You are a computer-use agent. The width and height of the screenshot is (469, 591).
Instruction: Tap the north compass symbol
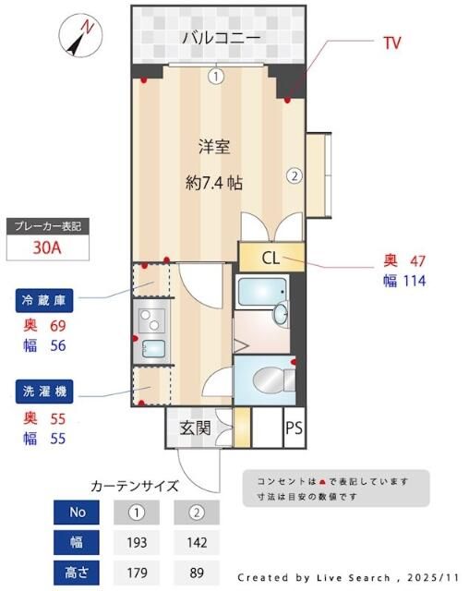point(79,36)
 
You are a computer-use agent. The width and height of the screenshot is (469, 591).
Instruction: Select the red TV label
point(391,42)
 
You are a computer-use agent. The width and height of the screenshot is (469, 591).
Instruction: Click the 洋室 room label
point(214,145)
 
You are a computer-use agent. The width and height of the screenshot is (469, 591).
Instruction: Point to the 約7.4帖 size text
point(214,182)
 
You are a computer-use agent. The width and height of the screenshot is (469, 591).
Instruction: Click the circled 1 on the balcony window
point(215,77)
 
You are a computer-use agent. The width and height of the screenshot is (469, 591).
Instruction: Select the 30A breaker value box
point(48,247)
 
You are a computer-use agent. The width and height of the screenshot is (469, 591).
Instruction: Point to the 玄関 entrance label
point(195,428)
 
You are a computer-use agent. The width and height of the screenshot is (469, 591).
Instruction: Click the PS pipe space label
point(294,428)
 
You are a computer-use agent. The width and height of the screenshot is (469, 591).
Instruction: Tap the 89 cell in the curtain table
point(196,572)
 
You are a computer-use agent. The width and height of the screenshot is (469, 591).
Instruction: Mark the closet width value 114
point(413,280)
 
